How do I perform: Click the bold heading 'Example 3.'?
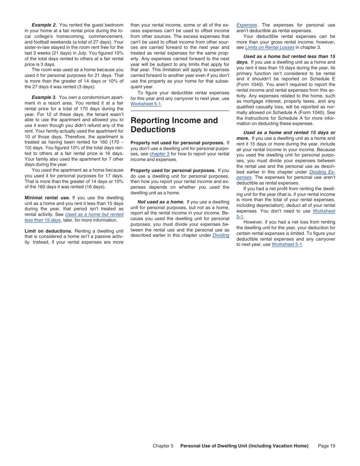coord(44,97)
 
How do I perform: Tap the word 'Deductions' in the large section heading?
coord(153,130)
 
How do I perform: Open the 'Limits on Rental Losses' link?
coord(269,47)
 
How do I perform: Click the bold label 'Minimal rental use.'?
coord(47,198)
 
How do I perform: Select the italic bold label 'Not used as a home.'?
coord(161,202)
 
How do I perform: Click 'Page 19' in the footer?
coord(327,446)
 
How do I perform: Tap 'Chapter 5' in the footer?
coord(163,446)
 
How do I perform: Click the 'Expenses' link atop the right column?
coord(246,25)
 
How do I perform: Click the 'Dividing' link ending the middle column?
coord(221,235)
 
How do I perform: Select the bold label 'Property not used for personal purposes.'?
coord(177,143)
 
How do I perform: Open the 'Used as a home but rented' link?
coord(94,214)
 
